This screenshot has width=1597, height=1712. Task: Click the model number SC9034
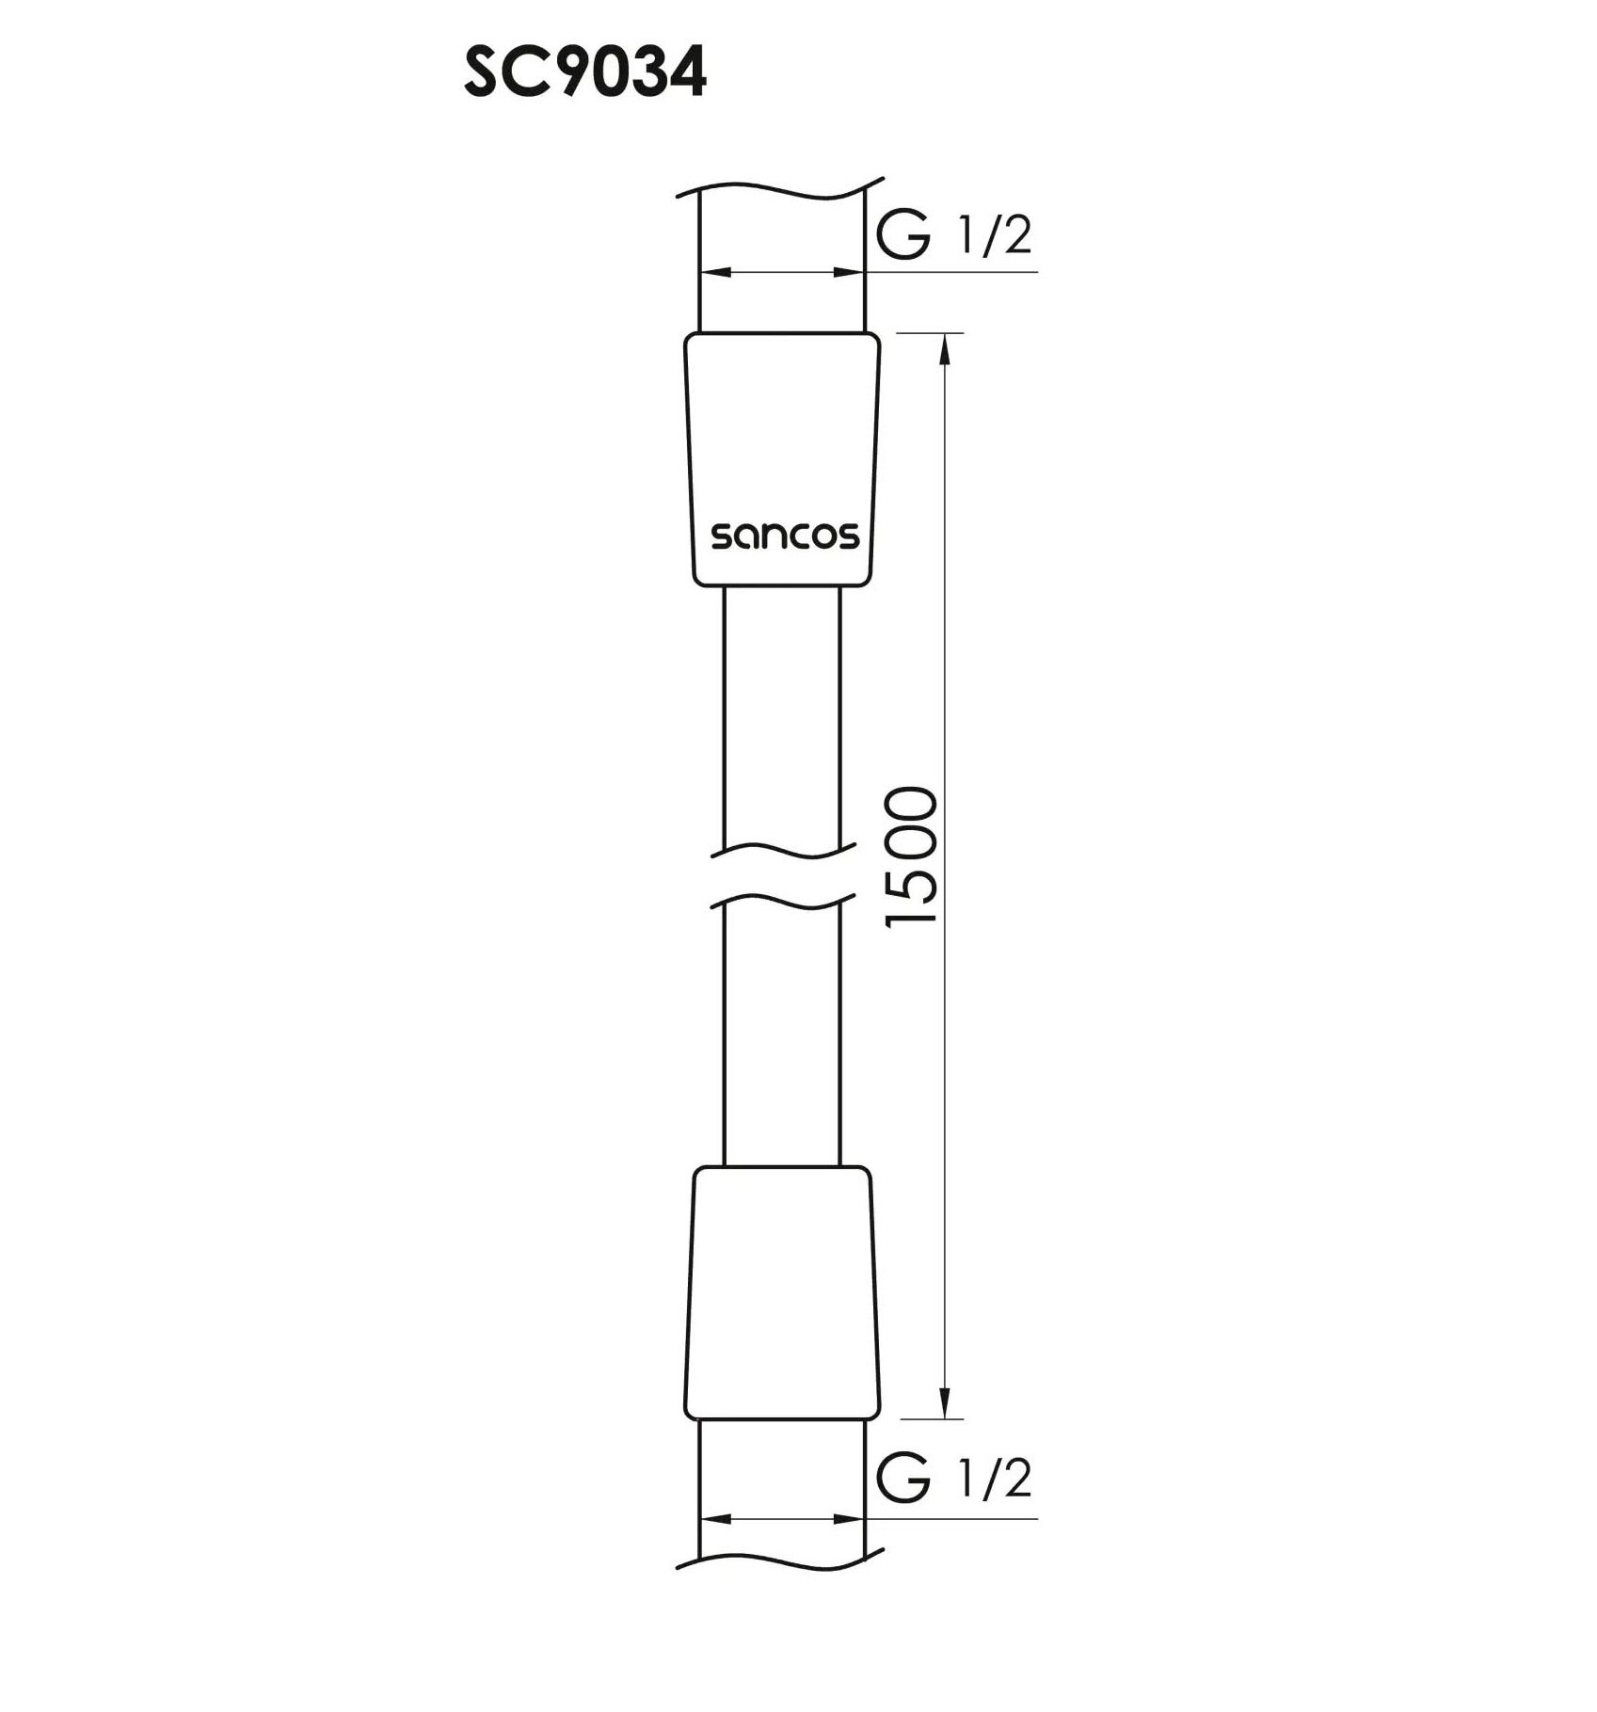click(584, 74)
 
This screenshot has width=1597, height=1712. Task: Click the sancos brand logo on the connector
click(784, 536)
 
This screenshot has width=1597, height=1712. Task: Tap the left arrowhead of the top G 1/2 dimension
click(718, 272)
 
